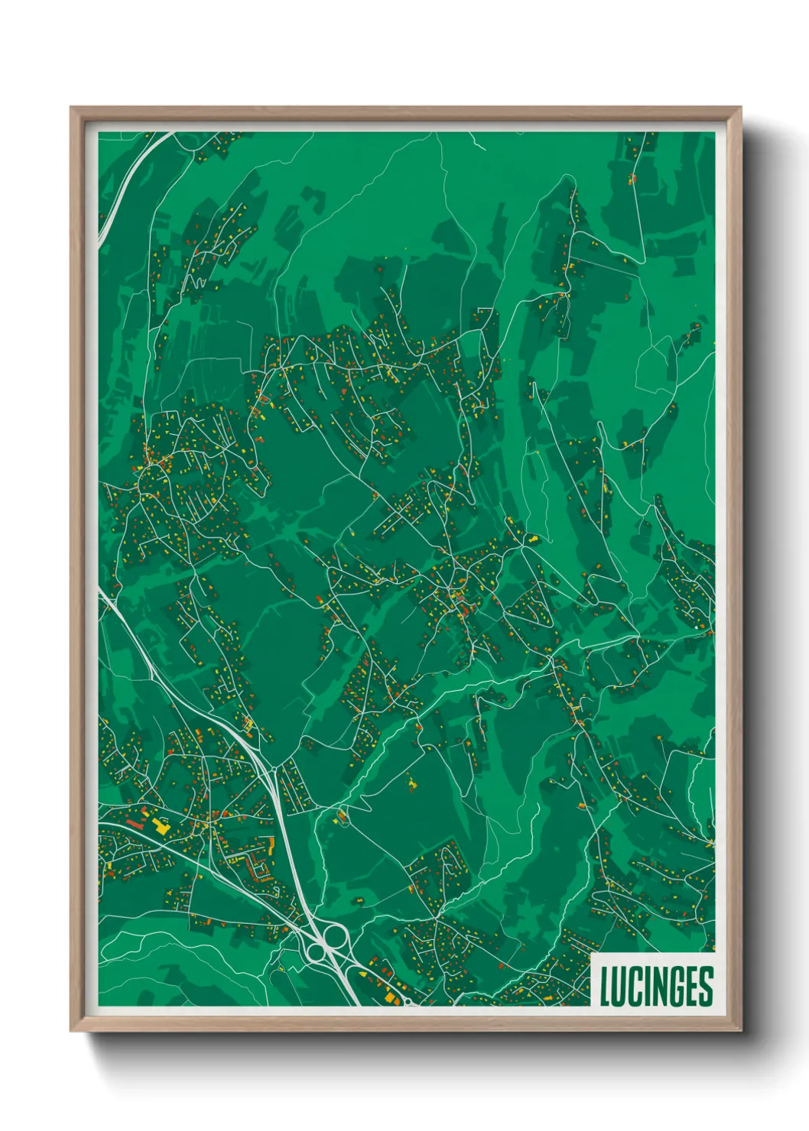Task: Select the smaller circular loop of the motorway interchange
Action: [x=315, y=951]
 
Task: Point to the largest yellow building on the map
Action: [x=161, y=825]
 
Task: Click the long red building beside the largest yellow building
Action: [x=136, y=824]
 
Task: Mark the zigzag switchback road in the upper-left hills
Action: [x=197, y=283]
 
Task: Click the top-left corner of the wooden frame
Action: [x=71, y=108]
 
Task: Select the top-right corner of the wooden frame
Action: [x=740, y=108]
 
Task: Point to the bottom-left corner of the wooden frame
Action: [x=71, y=1031]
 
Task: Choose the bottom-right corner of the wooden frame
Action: [x=740, y=1031]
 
